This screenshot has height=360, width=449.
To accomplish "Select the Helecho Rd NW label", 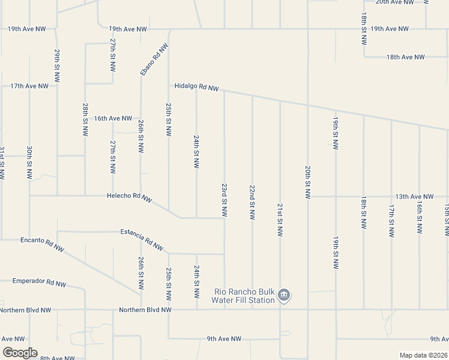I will click(129, 197).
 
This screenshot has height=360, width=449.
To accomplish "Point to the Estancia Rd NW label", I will click(142, 239).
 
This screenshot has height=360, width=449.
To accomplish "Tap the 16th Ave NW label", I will click(112, 118).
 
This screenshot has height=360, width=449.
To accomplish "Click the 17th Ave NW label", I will click(29, 86).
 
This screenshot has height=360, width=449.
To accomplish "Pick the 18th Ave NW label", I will click(405, 57).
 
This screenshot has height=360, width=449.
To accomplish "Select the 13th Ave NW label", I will click(414, 196).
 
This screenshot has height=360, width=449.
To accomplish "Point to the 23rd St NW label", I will click(224, 200).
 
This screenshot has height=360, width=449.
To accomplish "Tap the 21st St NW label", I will click(280, 220).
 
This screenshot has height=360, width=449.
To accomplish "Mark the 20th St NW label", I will click(307, 182).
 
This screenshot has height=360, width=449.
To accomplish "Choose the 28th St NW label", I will click(86, 119).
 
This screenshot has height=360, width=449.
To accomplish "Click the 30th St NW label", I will click(29, 163).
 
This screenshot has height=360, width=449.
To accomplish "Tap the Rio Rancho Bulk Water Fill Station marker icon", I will click(285, 295).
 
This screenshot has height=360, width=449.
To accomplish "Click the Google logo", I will click(20, 353).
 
